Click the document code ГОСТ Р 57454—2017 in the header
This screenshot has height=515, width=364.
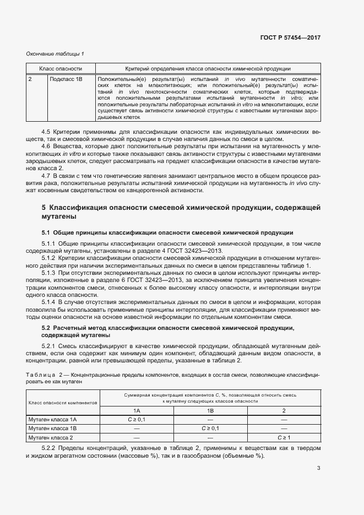(290, 38)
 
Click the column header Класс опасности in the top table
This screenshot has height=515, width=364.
(61, 69)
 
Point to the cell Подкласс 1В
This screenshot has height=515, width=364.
(66, 80)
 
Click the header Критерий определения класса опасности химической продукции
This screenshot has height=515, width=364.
(208, 69)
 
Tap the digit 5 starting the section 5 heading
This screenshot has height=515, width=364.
(44, 208)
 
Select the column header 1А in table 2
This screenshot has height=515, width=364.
(137, 411)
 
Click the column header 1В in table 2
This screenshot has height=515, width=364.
(210, 411)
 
